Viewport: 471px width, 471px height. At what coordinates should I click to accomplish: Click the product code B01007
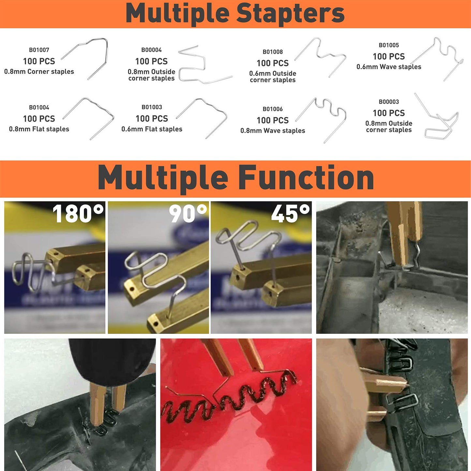tap(39, 50)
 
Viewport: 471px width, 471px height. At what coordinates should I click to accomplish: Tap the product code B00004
tap(152, 50)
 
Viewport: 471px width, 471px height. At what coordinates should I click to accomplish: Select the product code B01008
tap(273, 52)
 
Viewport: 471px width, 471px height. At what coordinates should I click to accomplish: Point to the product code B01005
tap(389, 45)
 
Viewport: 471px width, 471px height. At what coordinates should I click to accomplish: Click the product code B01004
tap(39, 108)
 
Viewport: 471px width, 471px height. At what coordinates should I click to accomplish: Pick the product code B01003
tap(152, 107)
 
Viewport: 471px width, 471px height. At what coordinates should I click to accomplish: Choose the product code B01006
tap(273, 109)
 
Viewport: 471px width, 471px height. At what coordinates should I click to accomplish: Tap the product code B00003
tap(389, 102)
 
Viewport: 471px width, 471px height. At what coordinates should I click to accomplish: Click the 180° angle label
tap(78, 213)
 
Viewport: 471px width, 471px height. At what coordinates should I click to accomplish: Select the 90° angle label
tap(188, 213)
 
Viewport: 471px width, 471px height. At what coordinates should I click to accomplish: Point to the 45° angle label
tap(290, 213)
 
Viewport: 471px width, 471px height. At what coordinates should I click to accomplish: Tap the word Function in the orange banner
tap(307, 177)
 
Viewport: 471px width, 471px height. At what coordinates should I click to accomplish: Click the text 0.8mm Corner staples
tap(39, 72)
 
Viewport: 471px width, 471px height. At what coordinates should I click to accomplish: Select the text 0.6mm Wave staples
tap(389, 67)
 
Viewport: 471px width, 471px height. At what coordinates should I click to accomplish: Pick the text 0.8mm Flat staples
tap(39, 129)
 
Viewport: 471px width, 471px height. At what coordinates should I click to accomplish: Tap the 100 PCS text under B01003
tap(152, 119)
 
